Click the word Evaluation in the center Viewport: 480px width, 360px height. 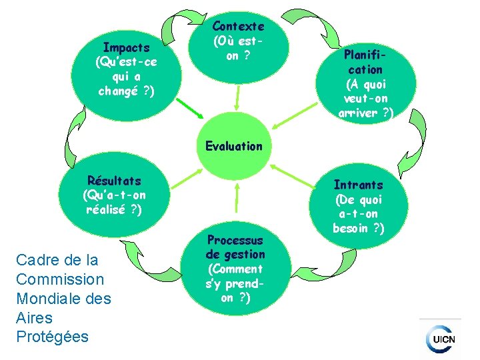234,145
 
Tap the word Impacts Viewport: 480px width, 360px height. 126,48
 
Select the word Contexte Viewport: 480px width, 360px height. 238,27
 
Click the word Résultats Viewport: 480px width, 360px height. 114,181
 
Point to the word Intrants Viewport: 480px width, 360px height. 358,185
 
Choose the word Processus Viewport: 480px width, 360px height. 235,240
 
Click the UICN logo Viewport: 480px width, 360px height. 443,339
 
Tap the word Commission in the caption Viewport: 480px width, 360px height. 60,279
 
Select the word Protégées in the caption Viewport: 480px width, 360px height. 52,337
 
